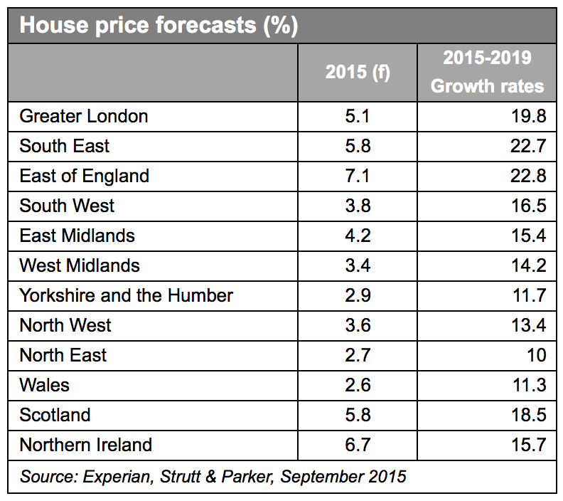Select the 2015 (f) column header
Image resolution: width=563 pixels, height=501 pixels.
358,73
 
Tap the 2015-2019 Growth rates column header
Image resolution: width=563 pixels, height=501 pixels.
487,73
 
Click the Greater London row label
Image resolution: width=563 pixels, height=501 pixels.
84,116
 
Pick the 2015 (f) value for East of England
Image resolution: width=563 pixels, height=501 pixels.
358,176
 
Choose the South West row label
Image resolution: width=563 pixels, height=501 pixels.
67,206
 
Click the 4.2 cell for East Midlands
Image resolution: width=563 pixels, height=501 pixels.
358,236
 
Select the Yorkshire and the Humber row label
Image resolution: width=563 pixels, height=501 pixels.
126,295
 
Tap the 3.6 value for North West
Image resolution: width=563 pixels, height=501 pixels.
358,325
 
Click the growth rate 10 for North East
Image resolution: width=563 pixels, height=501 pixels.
536,355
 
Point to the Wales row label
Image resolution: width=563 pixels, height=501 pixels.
44,385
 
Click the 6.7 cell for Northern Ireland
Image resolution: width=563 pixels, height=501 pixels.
358,445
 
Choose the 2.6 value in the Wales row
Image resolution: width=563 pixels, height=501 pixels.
358,385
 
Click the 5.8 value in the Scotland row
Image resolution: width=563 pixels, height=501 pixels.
358,415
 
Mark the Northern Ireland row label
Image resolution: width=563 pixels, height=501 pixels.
85,445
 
